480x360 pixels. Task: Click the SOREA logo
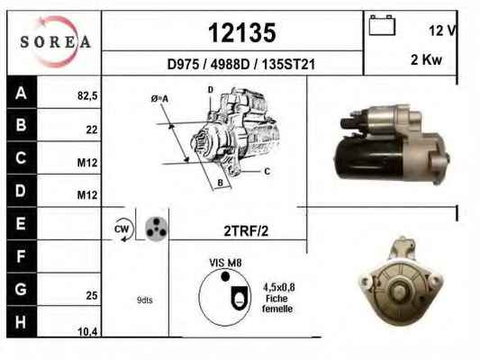[x=56, y=41]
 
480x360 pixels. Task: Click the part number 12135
[x=242, y=32]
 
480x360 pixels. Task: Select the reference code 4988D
[x=230, y=65]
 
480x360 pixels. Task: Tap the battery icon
[x=382, y=25]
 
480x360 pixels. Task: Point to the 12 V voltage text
[x=442, y=31]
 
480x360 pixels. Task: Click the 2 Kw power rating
[x=426, y=59]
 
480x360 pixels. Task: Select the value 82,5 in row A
[x=87, y=95]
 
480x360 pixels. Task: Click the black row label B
[x=22, y=125]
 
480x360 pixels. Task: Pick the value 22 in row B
[x=92, y=130]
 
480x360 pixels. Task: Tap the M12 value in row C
[x=87, y=163]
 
